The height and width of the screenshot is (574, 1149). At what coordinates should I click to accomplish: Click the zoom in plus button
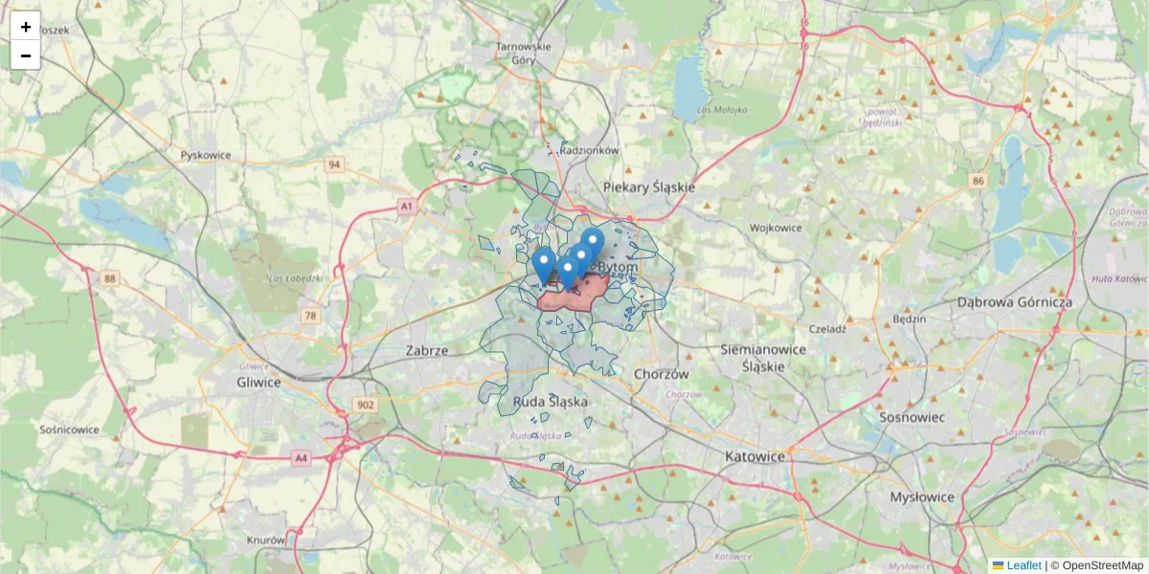tap(25, 26)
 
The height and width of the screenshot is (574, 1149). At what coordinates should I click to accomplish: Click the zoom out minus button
tap(25, 55)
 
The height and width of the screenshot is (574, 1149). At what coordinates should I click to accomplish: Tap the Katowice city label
tap(755, 456)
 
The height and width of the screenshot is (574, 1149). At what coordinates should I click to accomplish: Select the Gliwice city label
tap(259, 382)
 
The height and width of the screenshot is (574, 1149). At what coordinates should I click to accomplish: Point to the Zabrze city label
tap(427, 350)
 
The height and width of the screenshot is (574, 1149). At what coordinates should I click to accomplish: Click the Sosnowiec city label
tap(912, 417)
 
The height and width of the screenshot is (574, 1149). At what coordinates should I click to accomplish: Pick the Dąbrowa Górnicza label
tap(1015, 301)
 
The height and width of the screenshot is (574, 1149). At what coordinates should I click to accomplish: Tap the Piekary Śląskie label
tap(648, 187)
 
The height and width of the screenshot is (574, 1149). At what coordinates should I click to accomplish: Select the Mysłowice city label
tap(922, 497)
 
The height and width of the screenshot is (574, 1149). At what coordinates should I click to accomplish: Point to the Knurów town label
tap(266, 540)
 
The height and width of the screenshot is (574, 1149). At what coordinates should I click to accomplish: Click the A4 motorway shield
tap(302, 459)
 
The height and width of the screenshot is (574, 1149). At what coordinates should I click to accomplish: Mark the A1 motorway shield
tap(407, 206)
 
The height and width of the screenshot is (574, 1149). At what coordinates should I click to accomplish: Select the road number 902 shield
tap(366, 406)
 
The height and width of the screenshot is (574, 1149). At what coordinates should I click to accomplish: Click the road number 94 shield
tap(333, 165)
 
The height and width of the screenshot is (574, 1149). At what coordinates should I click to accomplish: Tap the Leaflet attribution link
tap(1023, 565)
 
